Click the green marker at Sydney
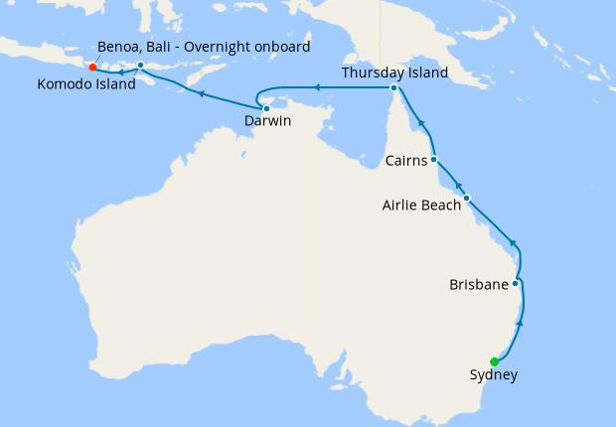[x=494, y=361]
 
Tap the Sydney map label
[x=493, y=375]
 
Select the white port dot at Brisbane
[x=515, y=283]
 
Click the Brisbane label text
[x=478, y=284]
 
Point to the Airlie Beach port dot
[x=466, y=198]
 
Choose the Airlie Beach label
[x=421, y=206]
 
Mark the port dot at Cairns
[x=434, y=159]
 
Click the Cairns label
[x=406, y=160]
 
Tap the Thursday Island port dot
[x=394, y=88]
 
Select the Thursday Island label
[x=394, y=73]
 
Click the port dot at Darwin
[x=266, y=108]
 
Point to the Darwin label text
[x=268, y=123]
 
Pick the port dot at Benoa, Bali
[x=141, y=66]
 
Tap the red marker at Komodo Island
[x=92, y=68]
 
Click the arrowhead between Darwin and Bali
[x=202, y=94]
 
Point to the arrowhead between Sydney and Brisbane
[x=521, y=324]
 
